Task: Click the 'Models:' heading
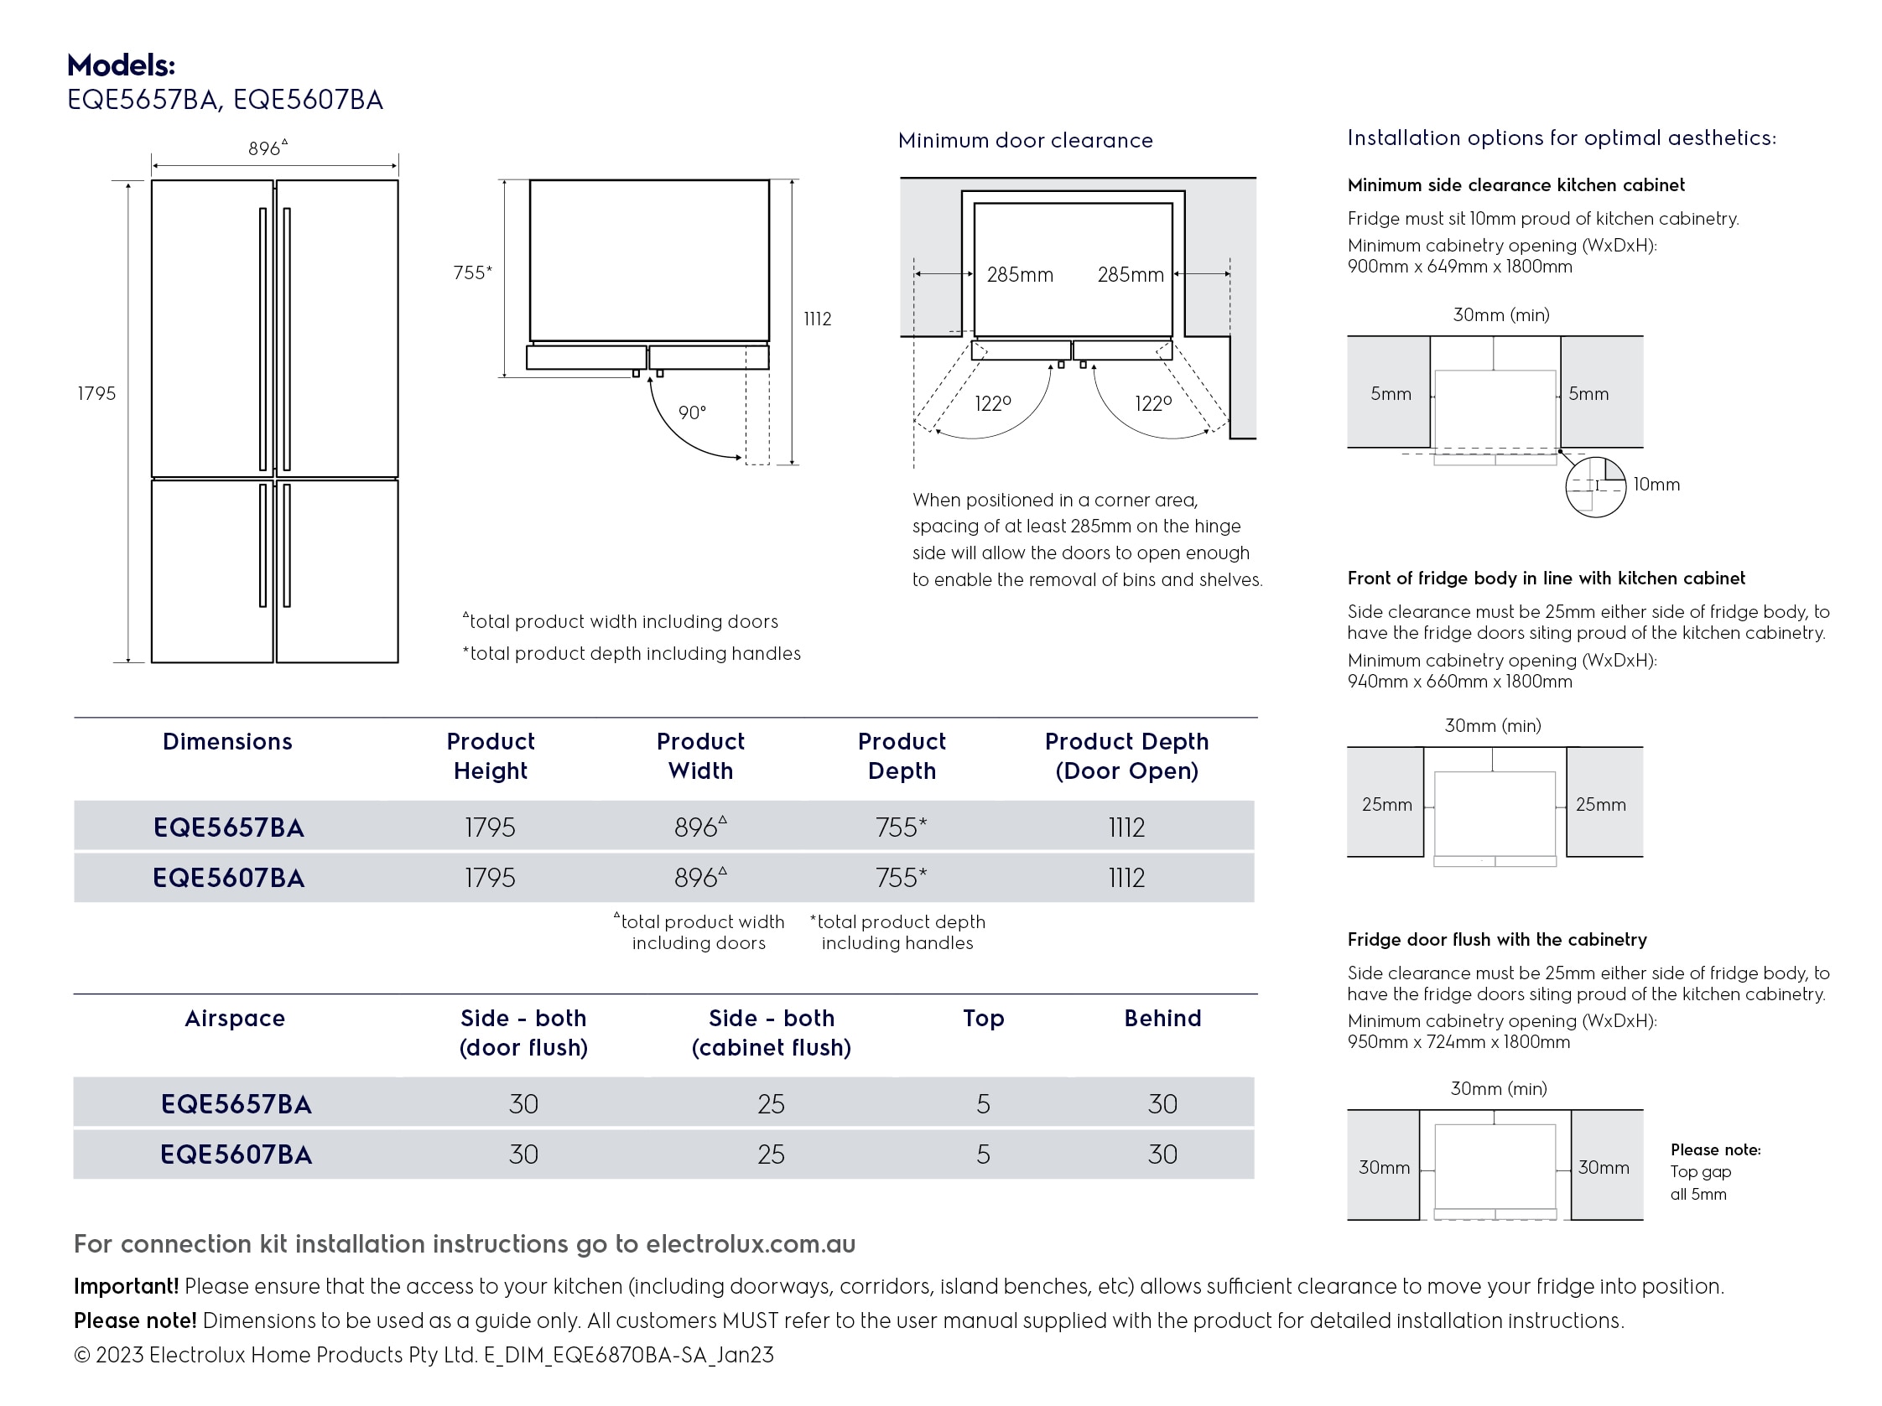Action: (121, 65)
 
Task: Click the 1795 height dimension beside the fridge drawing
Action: (96, 394)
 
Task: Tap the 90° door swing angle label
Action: (692, 413)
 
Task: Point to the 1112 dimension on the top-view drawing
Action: (817, 319)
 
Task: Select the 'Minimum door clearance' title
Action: (1025, 140)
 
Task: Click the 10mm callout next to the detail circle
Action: (1656, 485)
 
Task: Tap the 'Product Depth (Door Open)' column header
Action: (1126, 756)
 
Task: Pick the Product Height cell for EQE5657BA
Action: (490, 827)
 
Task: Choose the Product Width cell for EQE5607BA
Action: (699, 877)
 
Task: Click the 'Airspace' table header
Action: (235, 1018)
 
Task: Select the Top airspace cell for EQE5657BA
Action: (983, 1104)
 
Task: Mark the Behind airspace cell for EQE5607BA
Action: (1162, 1154)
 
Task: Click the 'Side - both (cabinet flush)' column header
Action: (771, 1033)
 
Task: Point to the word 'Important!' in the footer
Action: (126, 1286)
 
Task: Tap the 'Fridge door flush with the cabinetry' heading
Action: (1496, 940)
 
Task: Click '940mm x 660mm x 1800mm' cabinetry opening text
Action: (1459, 682)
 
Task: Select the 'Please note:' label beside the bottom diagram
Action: (1715, 1150)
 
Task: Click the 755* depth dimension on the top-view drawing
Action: (472, 273)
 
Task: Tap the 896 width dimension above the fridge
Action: (268, 149)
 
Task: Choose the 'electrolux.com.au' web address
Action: (751, 1244)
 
